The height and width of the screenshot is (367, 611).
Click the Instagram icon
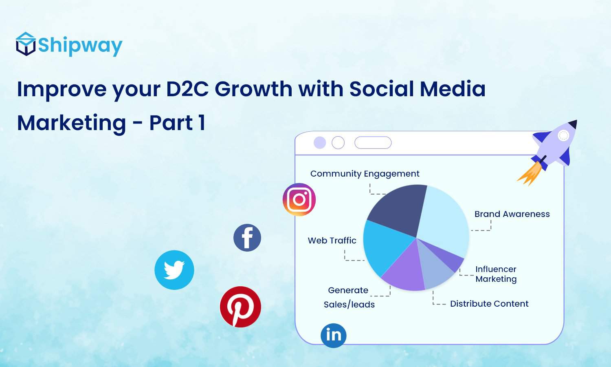tap(299, 199)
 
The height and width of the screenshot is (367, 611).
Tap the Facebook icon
tap(247, 238)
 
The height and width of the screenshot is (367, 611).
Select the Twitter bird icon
tap(174, 270)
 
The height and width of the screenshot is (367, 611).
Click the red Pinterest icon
tap(240, 307)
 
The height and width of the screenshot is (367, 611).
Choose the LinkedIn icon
tap(334, 335)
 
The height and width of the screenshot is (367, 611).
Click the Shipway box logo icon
tap(26, 44)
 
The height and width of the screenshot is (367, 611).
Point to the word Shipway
tap(80, 46)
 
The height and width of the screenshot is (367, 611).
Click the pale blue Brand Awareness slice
tap(444, 220)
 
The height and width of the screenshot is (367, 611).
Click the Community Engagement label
tap(365, 174)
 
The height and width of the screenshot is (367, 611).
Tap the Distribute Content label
tap(489, 304)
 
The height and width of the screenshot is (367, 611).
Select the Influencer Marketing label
tap(496, 274)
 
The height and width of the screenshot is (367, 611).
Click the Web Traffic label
tap(332, 241)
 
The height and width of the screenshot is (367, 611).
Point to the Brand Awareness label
tap(512, 214)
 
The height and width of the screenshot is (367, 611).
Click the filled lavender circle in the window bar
tap(320, 143)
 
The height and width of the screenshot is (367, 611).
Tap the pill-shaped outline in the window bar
tap(373, 143)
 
